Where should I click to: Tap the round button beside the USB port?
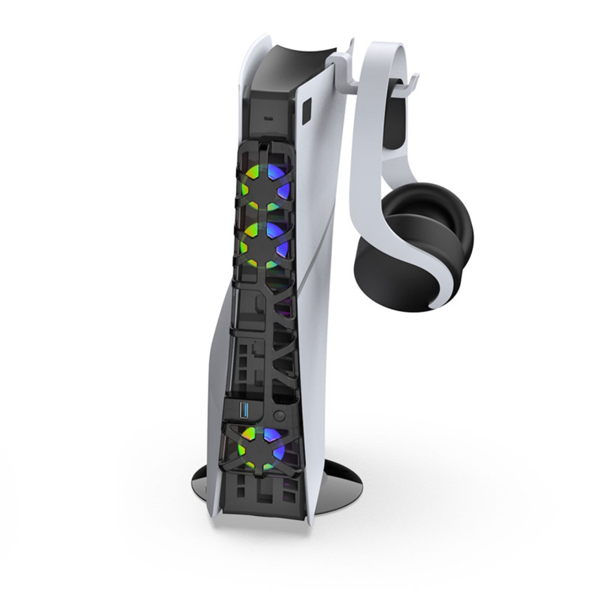(278, 415)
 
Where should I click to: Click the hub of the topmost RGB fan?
(262, 184)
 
